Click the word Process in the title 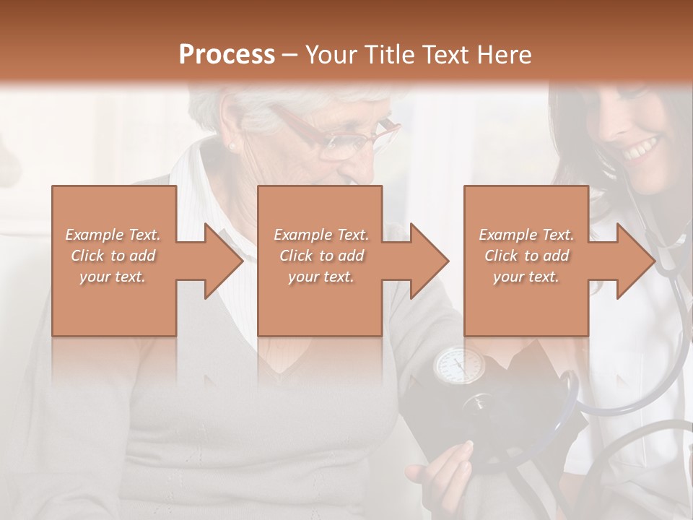227,55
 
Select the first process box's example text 113,256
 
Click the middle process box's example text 321,256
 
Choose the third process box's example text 526,256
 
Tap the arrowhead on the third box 635,261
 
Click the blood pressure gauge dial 458,365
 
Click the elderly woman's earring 232,147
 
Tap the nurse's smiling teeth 643,150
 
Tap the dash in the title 290,56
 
